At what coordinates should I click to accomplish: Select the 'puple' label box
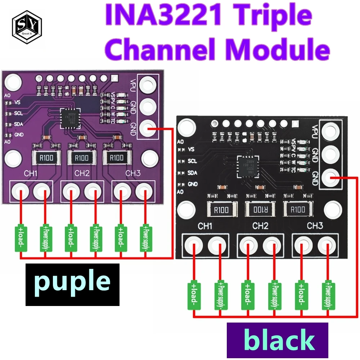click(x=72, y=284)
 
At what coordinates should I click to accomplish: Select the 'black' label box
click(x=278, y=340)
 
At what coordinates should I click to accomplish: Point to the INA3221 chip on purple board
click(x=71, y=117)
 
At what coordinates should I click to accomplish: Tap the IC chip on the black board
click(x=248, y=166)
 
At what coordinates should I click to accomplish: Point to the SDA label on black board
click(x=192, y=173)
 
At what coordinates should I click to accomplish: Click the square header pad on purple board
click(x=114, y=77)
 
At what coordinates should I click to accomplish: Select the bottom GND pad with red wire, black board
click(x=330, y=177)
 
